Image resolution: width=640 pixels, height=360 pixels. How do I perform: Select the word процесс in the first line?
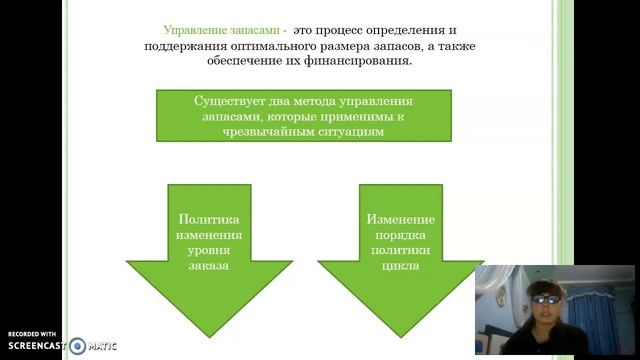[345, 31]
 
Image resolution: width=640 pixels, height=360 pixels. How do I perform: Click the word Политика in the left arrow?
[208, 219]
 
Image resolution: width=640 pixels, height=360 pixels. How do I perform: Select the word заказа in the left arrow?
[208, 267]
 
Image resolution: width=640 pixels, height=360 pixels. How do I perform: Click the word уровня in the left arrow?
[208, 251]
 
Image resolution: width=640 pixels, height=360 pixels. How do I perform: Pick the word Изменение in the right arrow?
[400, 219]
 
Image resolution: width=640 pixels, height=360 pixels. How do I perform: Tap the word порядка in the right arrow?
[400, 235]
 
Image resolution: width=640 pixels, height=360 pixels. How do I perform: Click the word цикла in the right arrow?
[400, 267]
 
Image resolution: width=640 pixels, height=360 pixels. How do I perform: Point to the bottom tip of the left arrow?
[208, 335]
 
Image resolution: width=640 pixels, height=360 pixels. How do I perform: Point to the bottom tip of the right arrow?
[400, 335]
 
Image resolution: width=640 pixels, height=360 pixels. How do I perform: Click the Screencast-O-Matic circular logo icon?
[78, 345]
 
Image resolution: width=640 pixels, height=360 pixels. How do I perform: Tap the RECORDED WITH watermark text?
[32, 333]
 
